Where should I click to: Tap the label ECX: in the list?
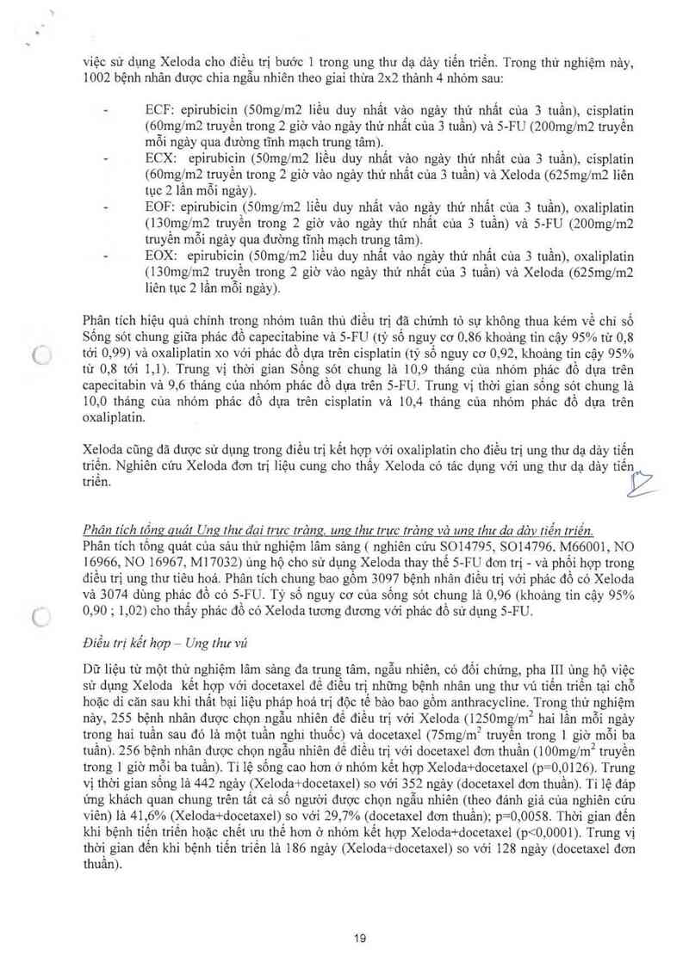(162, 160)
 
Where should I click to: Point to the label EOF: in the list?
(162, 208)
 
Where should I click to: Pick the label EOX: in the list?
(162, 256)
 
